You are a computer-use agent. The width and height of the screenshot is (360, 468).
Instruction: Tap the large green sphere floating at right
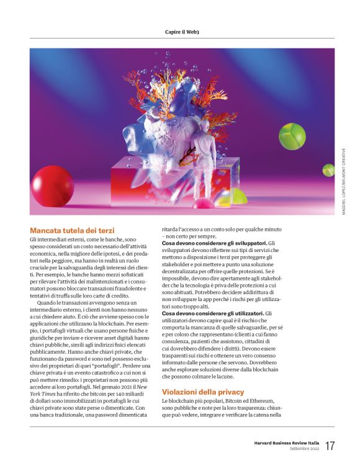(x=292, y=136)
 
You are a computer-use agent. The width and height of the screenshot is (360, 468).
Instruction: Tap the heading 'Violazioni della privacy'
(x=203, y=392)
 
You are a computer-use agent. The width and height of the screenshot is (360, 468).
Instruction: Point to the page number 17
(x=330, y=446)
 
